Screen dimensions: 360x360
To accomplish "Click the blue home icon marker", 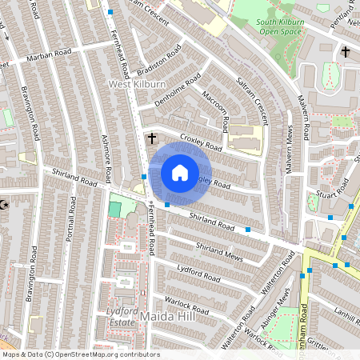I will [180, 173].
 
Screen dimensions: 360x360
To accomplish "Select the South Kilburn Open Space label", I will [280, 26].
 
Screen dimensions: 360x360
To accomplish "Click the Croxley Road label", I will [200, 142].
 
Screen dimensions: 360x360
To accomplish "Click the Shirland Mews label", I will [218, 252].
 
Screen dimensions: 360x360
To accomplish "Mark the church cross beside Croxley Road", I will [151, 139].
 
